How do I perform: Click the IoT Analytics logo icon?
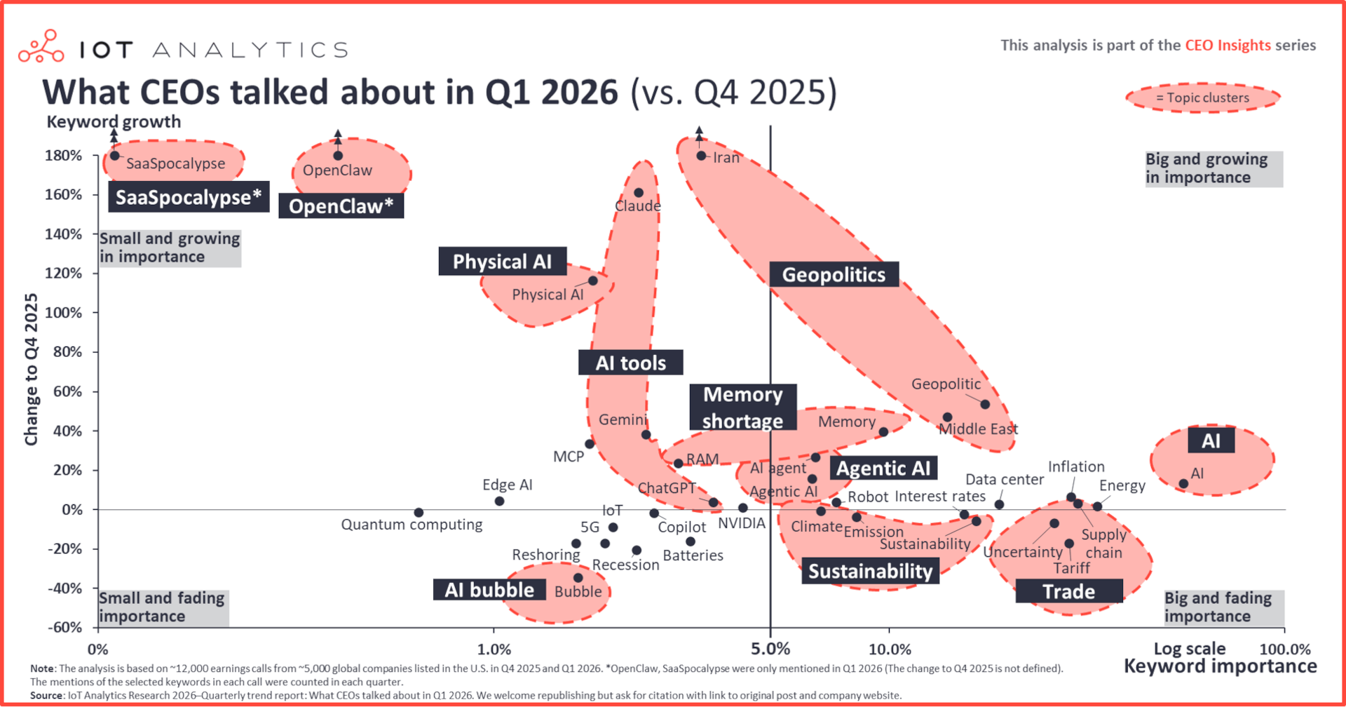(x=41, y=47)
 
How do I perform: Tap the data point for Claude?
(x=639, y=193)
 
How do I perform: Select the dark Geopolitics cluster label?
(x=834, y=274)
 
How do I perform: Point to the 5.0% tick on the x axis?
(x=770, y=649)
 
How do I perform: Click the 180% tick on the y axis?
(x=64, y=155)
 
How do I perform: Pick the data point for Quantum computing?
(x=419, y=513)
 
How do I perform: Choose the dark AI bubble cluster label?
(x=489, y=590)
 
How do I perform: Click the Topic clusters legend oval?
(x=1202, y=98)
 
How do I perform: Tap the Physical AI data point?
(x=593, y=281)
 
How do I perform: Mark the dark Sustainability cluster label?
(x=870, y=571)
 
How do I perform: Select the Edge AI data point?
(x=499, y=501)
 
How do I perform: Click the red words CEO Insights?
(x=1228, y=46)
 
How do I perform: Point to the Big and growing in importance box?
(x=1213, y=168)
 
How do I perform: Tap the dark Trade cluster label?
(x=1068, y=591)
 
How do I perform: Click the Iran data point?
(x=701, y=156)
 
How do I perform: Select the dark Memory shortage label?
(x=742, y=408)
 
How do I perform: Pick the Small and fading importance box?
(x=163, y=607)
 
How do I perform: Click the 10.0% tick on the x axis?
(x=889, y=649)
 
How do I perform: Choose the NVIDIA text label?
(x=741, y=523)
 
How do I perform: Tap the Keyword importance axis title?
(x=1220, y=666)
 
